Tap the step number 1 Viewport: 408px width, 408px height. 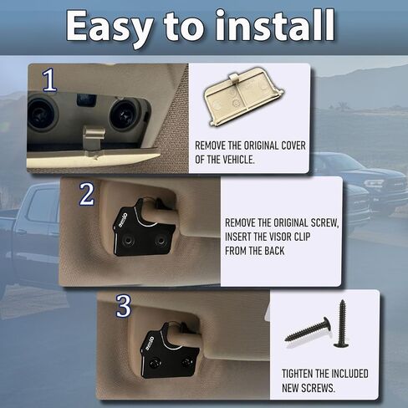pyautogui.click(x=49, y=80)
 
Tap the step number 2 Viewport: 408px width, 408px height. pyautogui.click(x=86, y=195)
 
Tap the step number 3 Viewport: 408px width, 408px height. pyautogui.click(x=123, y=306)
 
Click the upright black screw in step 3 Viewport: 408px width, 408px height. pyautogui.click(x=342, y=325)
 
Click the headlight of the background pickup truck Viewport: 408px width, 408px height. pyautogui.click(x=374, y=182)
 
